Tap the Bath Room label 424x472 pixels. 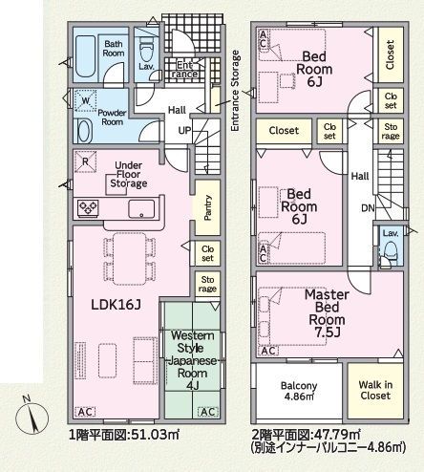point(114,49)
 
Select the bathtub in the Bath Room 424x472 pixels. point(85,56)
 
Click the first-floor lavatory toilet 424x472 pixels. point(147,50)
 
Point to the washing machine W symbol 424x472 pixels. point(85,101)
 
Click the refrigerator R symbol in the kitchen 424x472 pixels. point(85,161)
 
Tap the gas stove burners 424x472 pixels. point(88,208)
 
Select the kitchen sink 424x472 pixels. point(141,209)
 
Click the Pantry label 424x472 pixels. point(207,207)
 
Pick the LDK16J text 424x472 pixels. point(116,305)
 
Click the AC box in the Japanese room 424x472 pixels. point(208,412)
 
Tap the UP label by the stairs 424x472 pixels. point(184,130)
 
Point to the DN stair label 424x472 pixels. point(368,208)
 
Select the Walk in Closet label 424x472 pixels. point(375,390)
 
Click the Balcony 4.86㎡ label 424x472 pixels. point(299,391)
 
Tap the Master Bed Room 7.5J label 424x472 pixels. point(327,313)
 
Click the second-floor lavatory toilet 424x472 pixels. point(391,250)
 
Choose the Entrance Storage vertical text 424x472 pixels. point(235,91)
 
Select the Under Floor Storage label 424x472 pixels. point(129,175)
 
